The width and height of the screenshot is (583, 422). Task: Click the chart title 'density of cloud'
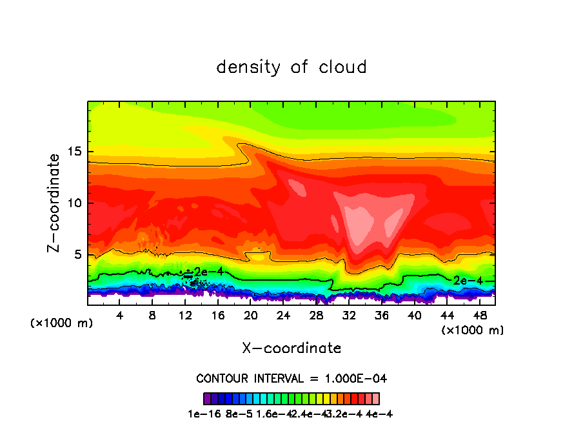pos(291,67)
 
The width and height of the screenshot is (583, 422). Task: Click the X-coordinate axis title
pos(291,348)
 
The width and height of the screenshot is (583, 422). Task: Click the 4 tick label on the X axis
pos(120,316)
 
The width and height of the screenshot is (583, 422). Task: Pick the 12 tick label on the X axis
pos(185,316)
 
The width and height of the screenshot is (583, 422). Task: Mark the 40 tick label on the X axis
pos(414,316)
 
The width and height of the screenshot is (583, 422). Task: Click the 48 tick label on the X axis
pos(479,316)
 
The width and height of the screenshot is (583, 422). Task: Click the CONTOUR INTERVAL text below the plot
pos(291,378)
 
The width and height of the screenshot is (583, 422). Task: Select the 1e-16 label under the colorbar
pos(201,414)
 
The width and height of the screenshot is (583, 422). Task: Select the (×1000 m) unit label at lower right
pos(473,330)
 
